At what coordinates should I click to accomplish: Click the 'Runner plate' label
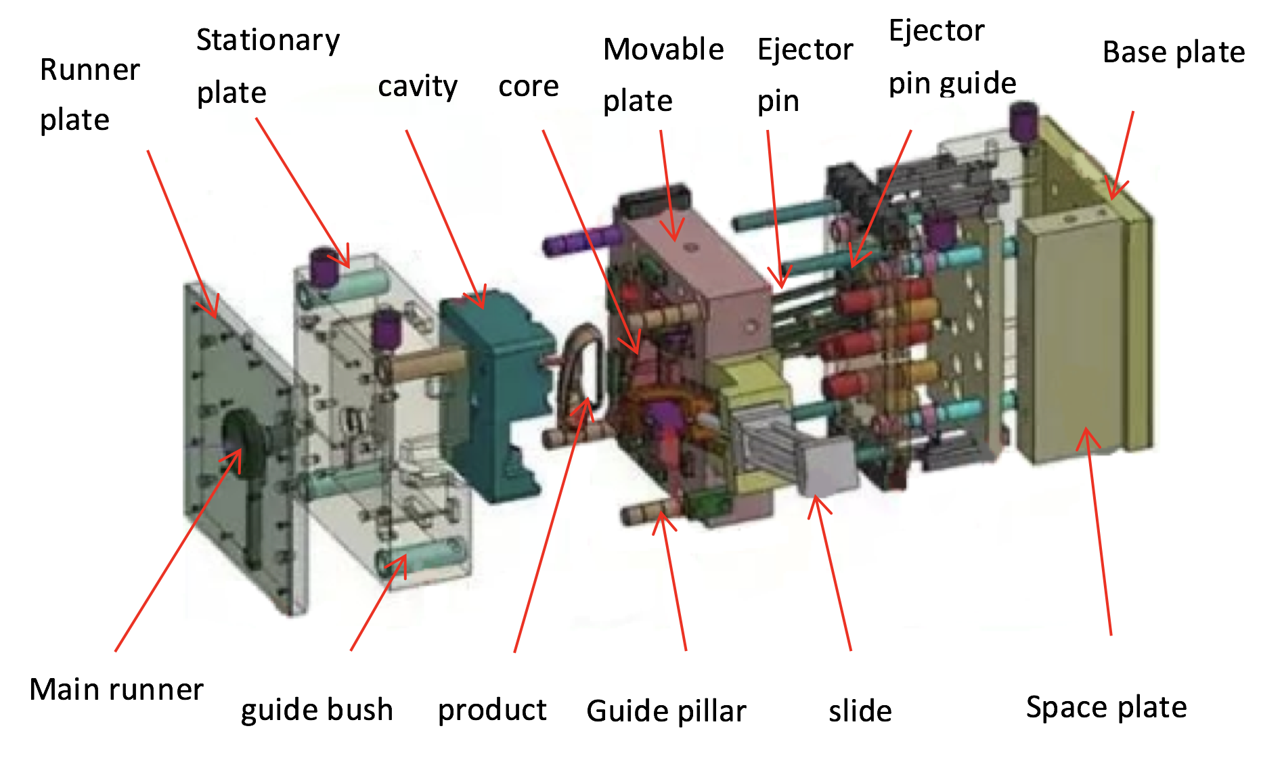point(89,95)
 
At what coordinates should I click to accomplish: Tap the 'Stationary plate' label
point(267,66)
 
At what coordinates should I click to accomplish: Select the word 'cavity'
point(418,87)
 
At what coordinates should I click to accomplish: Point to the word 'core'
point(529,87)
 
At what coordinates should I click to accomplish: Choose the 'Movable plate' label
point(663,74)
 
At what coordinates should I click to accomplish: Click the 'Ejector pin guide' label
point(952,57)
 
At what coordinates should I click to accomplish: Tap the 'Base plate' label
point(1174,52)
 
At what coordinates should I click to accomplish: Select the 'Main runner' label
point(116,690)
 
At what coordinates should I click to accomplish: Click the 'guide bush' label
point(317,710)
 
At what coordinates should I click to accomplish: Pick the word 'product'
point(492,710)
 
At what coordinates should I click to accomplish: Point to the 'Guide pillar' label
point(666,711)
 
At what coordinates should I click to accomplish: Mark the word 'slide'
point(860,711)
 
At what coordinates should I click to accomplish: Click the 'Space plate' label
point(1106,707)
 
